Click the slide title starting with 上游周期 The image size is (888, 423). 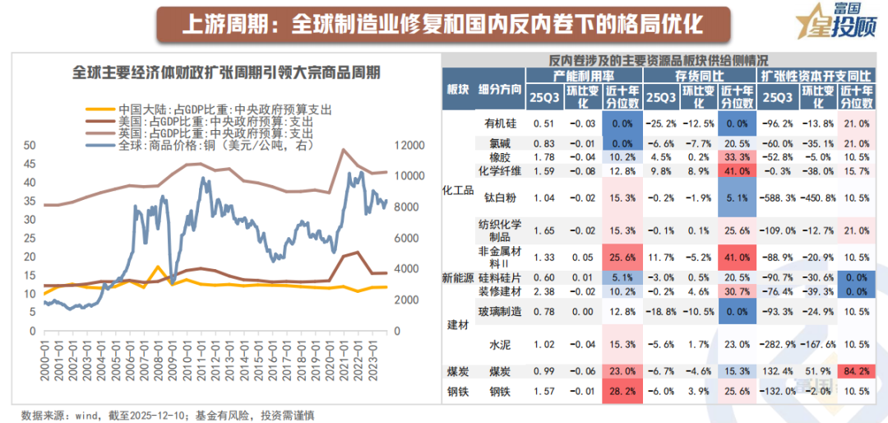coord(443,25)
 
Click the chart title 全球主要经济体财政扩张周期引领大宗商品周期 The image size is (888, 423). coord(226,72)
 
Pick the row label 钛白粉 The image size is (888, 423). coord(500,198)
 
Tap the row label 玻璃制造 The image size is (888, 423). coord(500,311)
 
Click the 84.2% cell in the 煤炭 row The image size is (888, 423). coord(856,373)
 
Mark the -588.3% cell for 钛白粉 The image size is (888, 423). coord(776,198)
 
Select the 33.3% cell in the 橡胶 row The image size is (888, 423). coord(738,157)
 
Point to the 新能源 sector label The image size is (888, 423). coord(457,278)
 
